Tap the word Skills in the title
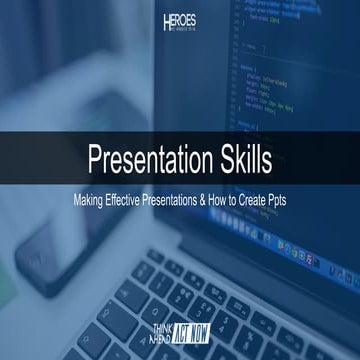pyautogui.click(x=246, y=159)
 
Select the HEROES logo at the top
pyautogui.click(x=180, y=23)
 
